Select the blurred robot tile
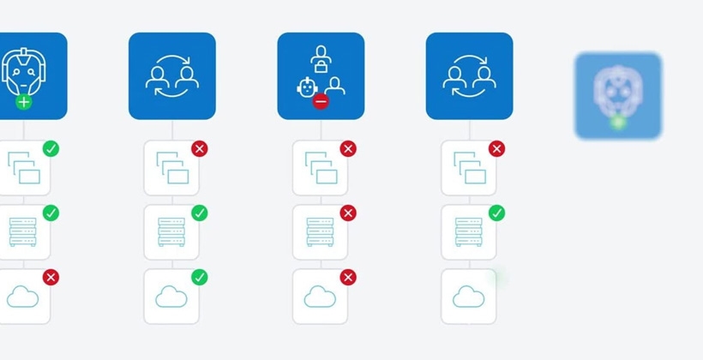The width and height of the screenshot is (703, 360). (617, 95)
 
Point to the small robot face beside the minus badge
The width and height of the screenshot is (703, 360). (306, 87)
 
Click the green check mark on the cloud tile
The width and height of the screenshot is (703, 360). (200, 277)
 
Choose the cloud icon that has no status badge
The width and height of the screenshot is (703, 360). (468, 297)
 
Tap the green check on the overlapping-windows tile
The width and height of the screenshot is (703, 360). (51, 149)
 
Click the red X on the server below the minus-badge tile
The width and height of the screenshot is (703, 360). (348, 213)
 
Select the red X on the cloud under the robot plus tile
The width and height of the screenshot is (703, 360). (51, 277)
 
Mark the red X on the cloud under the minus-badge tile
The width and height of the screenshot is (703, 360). (348, 277)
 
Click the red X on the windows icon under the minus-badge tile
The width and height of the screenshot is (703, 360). (348, 149)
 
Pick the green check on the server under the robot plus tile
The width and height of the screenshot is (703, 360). (51, 213)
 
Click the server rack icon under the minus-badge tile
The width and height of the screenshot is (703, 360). (320, 232)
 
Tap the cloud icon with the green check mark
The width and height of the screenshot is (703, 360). (171, 297)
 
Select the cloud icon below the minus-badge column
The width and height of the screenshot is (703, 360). (320, 297)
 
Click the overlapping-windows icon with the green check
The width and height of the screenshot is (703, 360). (23, 168)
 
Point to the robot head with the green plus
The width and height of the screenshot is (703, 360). (22, 72)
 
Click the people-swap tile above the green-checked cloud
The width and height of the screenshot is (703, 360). (171, 75)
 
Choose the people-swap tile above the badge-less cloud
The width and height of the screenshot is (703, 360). (469, 75)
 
